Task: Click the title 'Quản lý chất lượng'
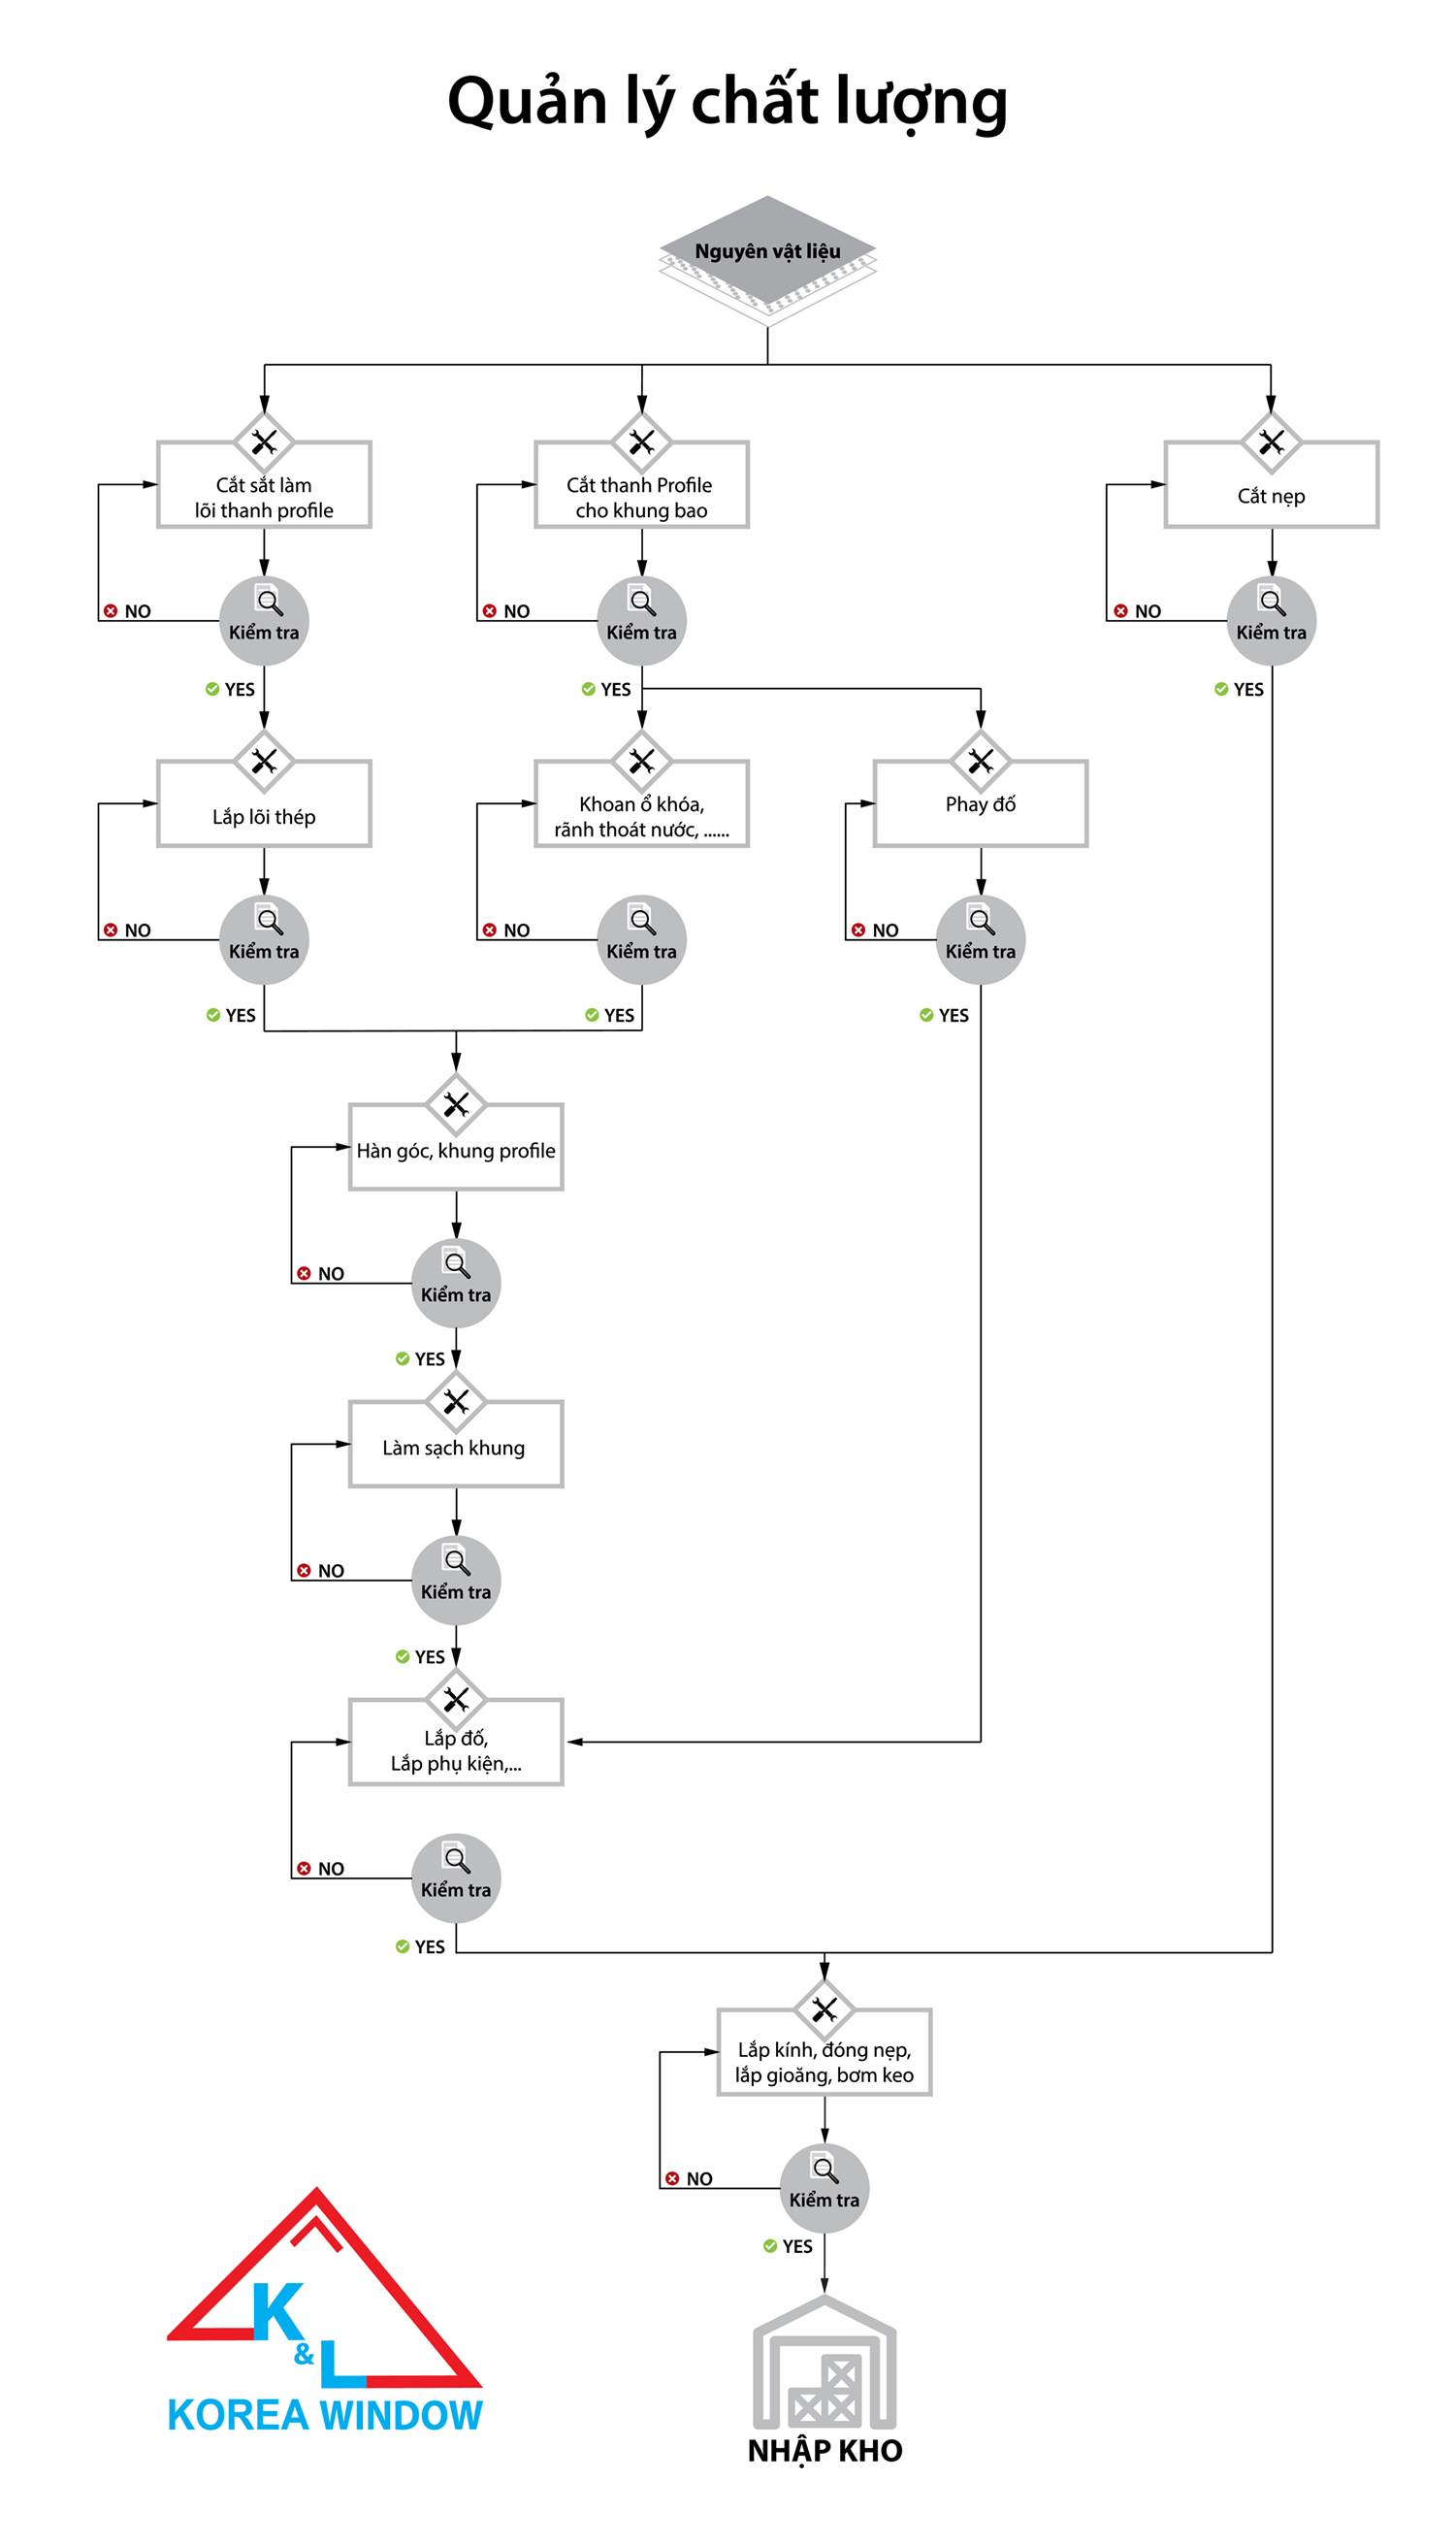[727, 103]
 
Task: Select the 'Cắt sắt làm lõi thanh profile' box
[264, 496]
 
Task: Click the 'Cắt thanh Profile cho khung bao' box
[640, 496]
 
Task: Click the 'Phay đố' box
[981, 803]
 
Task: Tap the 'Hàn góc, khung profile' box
[456, 1150]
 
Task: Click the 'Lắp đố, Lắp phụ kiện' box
[456, 1749]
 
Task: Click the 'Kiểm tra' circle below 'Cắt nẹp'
[1271, 621]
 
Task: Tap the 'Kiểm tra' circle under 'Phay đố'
[981, 939]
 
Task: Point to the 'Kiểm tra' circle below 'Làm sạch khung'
[456, 1580]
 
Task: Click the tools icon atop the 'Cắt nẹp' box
[1271, 441]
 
